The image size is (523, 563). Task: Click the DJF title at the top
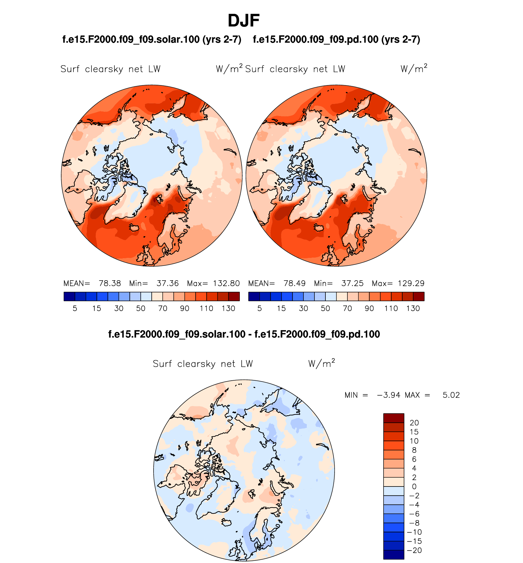[243, 21]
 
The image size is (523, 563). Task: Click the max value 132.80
[226, 283]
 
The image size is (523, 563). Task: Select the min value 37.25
[352, 283]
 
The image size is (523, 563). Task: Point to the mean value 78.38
[110, 283]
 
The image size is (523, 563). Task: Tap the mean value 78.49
[295, 283]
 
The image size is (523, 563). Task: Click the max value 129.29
[411, 283]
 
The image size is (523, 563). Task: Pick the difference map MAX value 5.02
[451, 395]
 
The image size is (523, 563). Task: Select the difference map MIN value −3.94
[388, 395]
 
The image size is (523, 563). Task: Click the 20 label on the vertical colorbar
[414, 423]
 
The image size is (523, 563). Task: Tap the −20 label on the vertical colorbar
[414, 550]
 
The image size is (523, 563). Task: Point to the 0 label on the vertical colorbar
[414, 487]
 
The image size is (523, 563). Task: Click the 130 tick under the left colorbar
[228, 308]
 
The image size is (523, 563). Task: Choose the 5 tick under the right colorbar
[259, 308]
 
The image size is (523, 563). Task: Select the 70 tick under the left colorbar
[163, 308]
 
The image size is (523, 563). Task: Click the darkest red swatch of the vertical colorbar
[394, 418]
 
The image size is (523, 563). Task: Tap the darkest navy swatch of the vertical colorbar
[394, 555]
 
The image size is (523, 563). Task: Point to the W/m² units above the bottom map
[321, 364]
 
